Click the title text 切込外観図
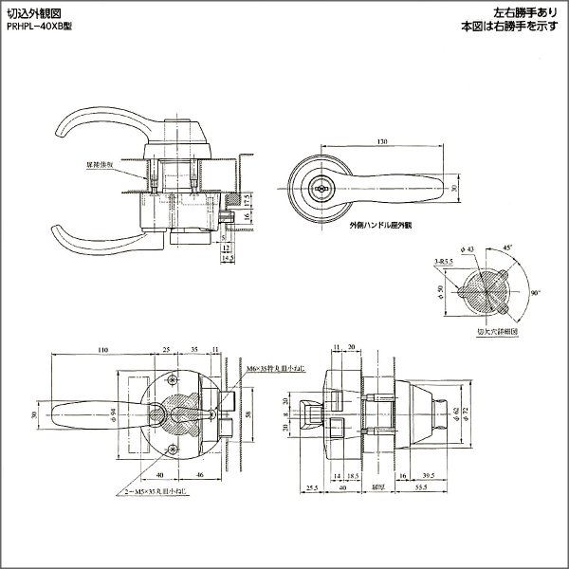point(32,13)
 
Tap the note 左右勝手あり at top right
point(525,13)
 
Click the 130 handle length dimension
point(381,142)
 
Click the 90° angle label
point(536,295)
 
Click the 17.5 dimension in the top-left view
point(247,202)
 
